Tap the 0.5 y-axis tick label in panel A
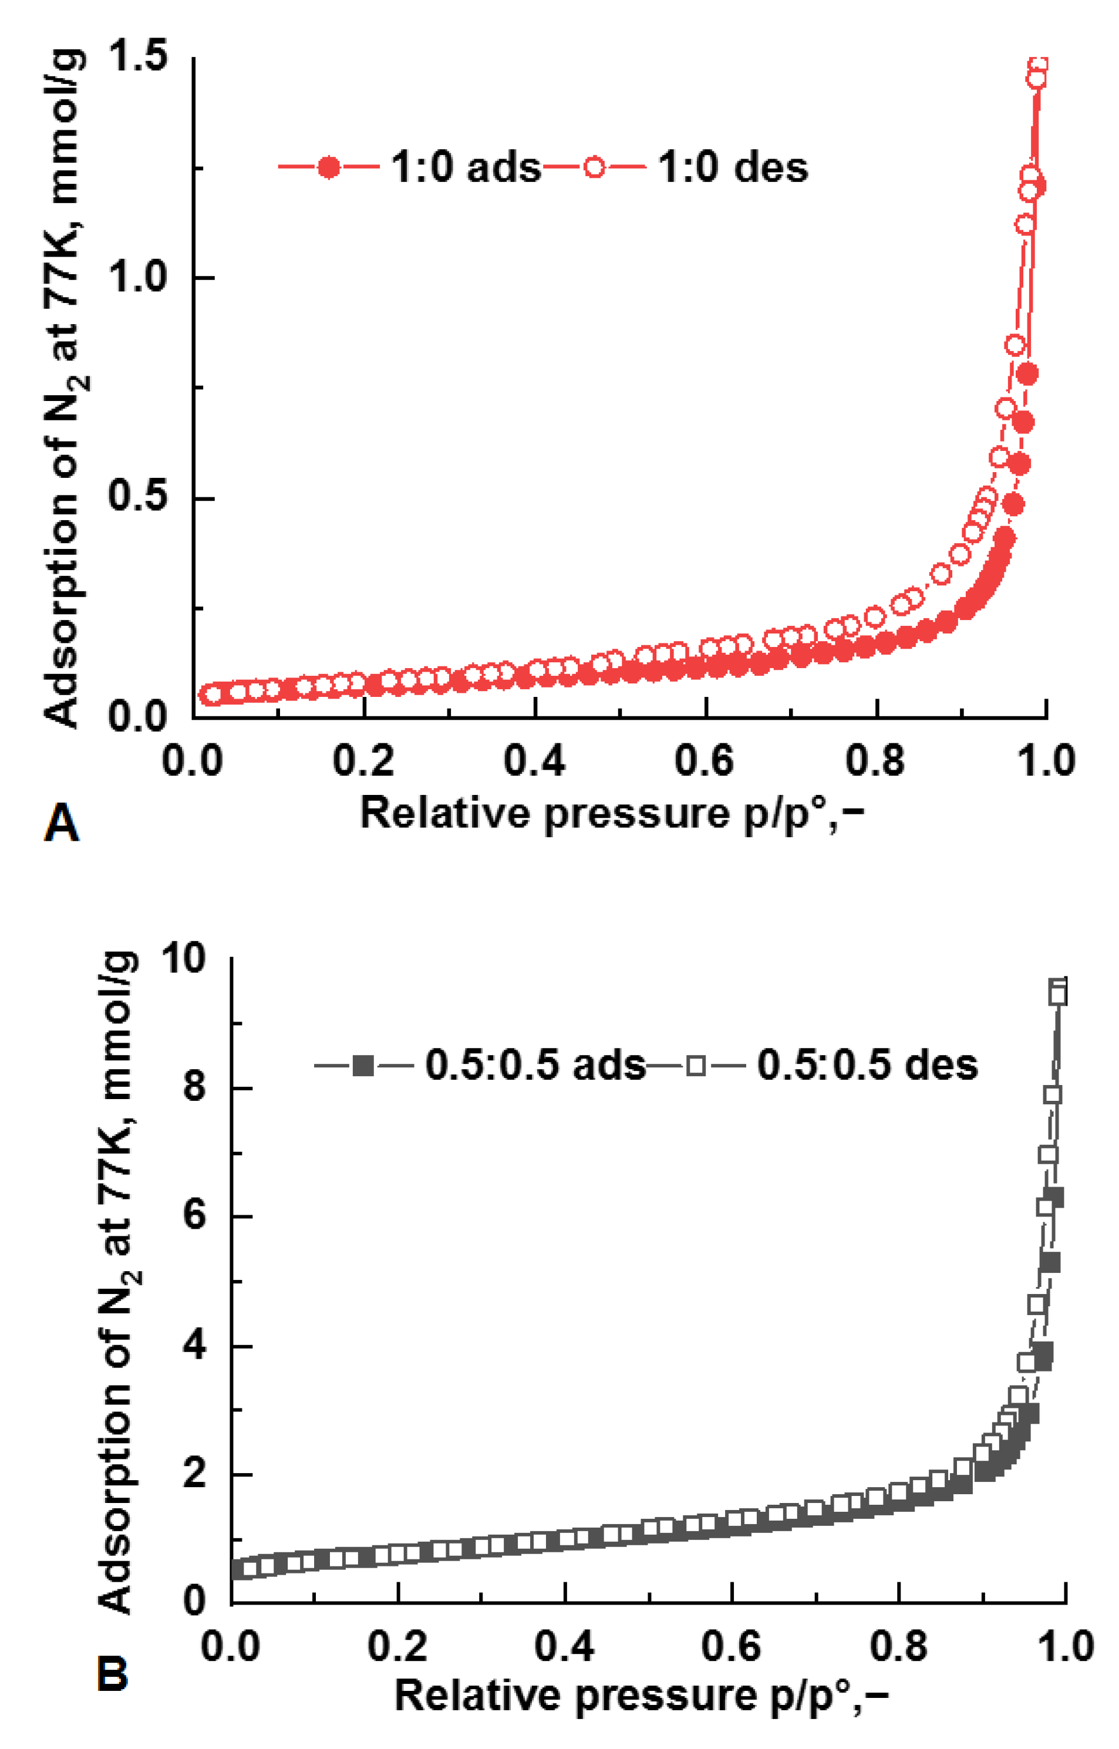pos(138,496)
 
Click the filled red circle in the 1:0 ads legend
pos(329,168)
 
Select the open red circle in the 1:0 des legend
pos(594,168)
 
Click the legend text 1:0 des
pos(733,168)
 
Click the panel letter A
pos(62,823)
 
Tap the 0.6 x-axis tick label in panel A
pos(704,761)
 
